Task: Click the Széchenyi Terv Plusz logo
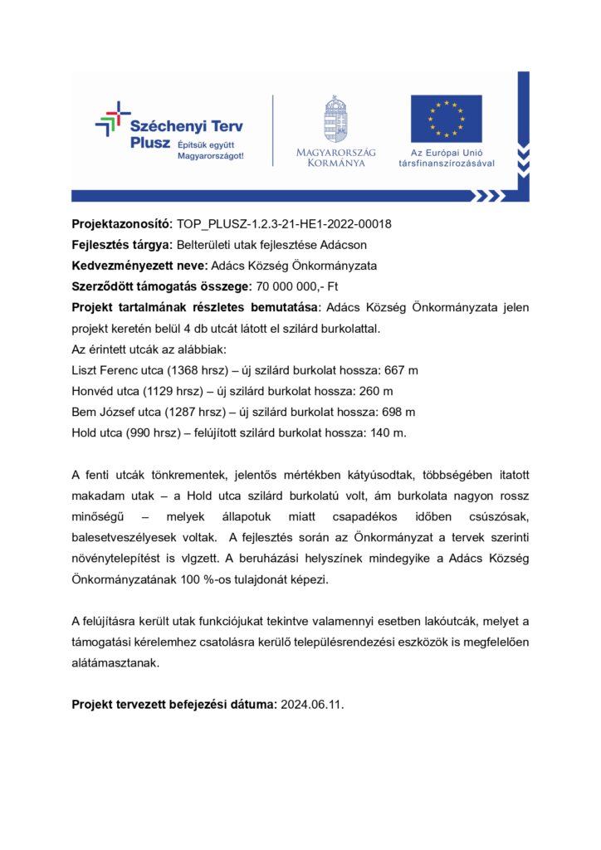coord(170,132)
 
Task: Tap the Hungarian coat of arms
coord(335,120)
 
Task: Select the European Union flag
coord(446,119)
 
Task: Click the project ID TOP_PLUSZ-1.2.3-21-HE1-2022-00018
coord(284,225)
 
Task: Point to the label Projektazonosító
coord(121,225)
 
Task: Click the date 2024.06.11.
coord(311,704)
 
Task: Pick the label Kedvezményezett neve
coord(139,266)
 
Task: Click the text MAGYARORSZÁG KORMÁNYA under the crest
coord(335,157)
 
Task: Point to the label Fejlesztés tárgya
coord(121,246)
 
